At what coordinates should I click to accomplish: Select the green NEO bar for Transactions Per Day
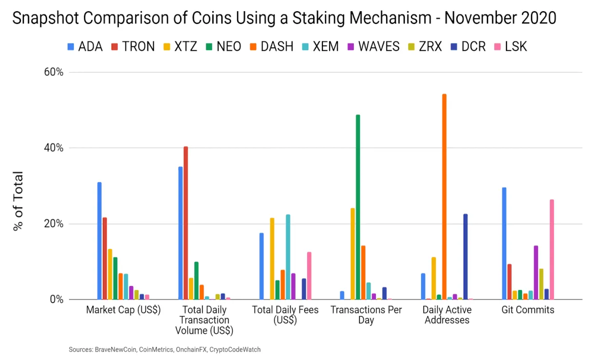[x=358, y=207]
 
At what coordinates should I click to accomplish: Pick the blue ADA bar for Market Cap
[x=99, y=241]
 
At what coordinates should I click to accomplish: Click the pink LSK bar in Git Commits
[x=552, y=249]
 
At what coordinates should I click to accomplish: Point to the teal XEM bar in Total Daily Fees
[x=288, y=257]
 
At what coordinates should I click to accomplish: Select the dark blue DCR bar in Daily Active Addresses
[x=465, y=256]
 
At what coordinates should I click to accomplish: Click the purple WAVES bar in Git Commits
[x=536, y=272]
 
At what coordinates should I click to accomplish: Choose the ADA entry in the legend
[x=85, y=47]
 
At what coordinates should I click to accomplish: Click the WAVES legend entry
[x=373, y=47]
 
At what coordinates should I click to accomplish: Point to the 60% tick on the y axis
[x=54, y=72]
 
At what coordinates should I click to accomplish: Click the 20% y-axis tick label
[x=54, y=224]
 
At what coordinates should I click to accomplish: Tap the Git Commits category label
[x=528, y=310]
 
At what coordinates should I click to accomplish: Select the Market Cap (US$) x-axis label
[x=123, y=310]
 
